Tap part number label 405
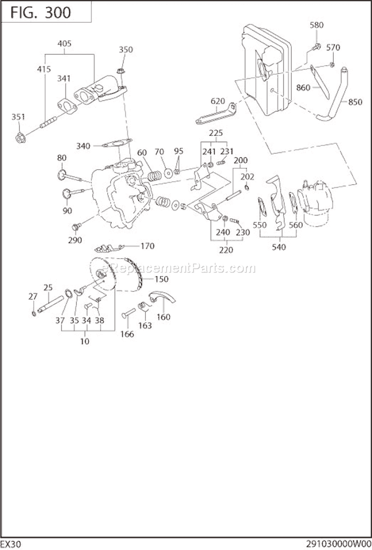64,43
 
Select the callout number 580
316,25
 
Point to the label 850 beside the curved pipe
355,102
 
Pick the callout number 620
217,101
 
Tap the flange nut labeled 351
20,138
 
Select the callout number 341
63,78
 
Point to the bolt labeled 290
75,227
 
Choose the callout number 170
147,246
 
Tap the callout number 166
127,334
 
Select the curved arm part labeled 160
162,297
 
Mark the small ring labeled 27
33,313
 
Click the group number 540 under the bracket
279,247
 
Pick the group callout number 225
216,133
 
